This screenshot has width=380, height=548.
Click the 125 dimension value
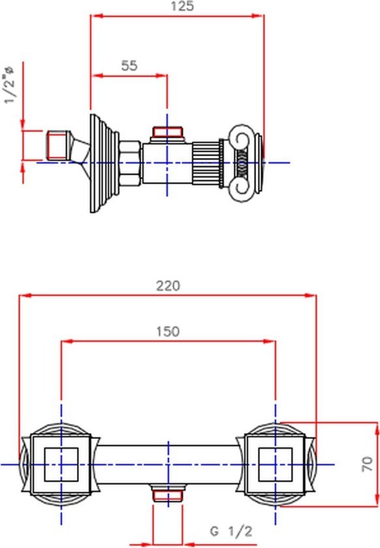click(182, 6)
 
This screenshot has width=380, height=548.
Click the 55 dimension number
click(129, 65)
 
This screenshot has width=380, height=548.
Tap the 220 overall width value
click(168, 286)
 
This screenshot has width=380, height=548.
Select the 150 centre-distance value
click(168, 331)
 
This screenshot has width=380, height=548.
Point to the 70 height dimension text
click(367, 464)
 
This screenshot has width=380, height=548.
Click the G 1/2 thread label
click(231, 532)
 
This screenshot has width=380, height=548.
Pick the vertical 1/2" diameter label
click(10, 85)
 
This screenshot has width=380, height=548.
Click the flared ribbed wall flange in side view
click(104, 163)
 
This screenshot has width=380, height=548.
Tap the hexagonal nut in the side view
click(131, 163)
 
